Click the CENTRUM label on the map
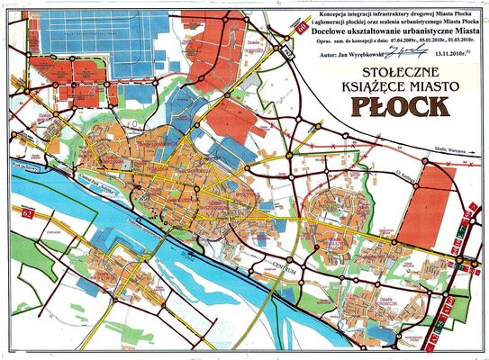tap(281, 263)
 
